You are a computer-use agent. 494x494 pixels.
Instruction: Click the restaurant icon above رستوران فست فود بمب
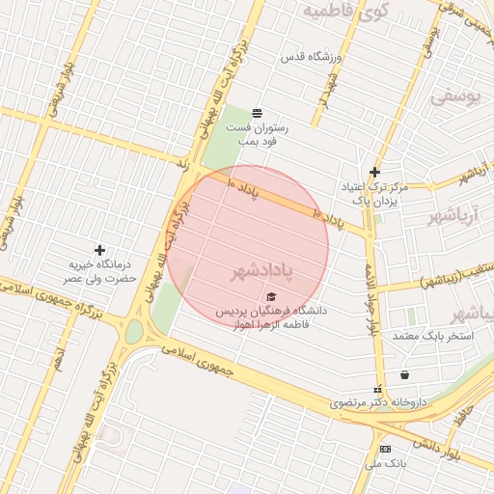256,114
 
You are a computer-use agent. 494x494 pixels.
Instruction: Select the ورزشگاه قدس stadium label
307,58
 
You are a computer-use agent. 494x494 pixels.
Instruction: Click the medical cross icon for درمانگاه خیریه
100,251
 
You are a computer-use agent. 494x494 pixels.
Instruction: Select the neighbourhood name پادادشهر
260,271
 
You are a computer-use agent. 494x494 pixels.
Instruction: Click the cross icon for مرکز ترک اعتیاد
375,172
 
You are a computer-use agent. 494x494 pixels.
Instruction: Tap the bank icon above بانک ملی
386,450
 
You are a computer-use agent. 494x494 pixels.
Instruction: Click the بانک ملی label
385,464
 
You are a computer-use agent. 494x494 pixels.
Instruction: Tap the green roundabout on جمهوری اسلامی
133,332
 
